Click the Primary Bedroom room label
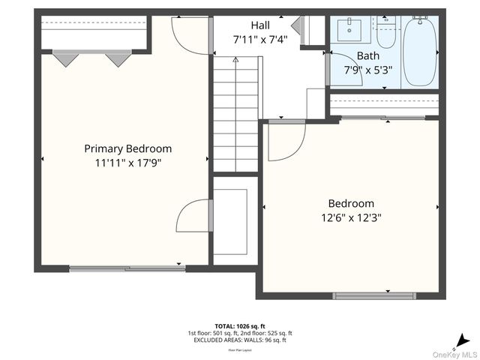coord(127,148)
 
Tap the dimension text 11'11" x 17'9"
coord(127,162)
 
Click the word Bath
coord(367,55)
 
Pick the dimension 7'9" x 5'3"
coord(367,70)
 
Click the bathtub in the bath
coord(419,51)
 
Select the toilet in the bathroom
coord(386,34)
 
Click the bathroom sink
coord(349,30)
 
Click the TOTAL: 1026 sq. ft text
coord(240,326)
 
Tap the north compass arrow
coord(464,339)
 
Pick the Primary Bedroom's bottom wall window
coord(127,268)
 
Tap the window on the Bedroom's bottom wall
coord(373,295)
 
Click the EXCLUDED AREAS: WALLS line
coord(240,340)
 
